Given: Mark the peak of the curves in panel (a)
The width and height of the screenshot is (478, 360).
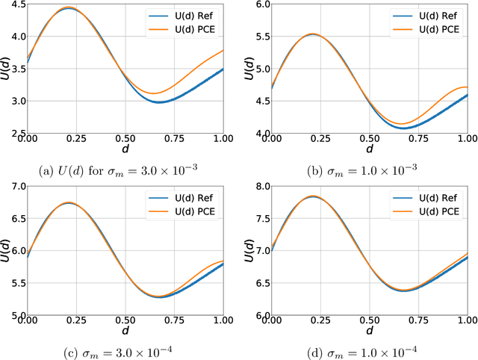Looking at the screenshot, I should coord(69,8).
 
